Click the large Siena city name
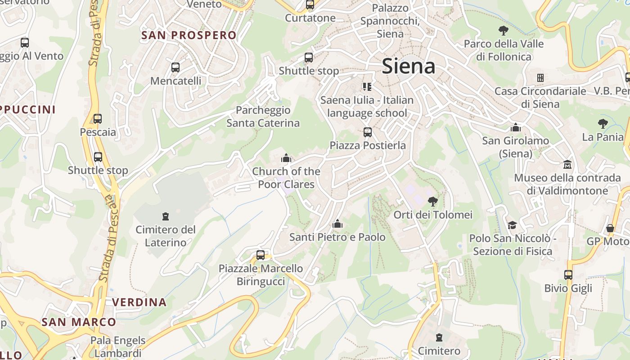[x=409, y=67]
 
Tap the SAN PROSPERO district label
[x=189, y=35]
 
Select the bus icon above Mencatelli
[x=175, y=67]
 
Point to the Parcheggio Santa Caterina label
[x=263, y=117]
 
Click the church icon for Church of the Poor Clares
[x=286, y=158]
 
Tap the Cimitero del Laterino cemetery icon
[x=166, y=216]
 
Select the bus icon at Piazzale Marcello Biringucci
[x=261, y=255]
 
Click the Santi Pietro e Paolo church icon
[x=337, y=224]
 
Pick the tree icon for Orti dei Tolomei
[x=433, y=201]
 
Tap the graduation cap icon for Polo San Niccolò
[x=512, y=225]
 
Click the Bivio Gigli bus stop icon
[x=568, y=274]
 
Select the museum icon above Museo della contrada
[x=567, y=165]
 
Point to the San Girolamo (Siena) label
[x=516, y=147]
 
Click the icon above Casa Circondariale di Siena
[x=540, y=77]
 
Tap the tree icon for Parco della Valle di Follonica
[x=504, y=31]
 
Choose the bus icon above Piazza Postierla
[x=368, y=132]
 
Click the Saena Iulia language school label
[x=367, y=106]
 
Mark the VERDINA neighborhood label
[x=139, y=302]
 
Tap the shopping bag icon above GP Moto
[x=610, y=228]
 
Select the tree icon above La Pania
[x=603, y=123]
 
